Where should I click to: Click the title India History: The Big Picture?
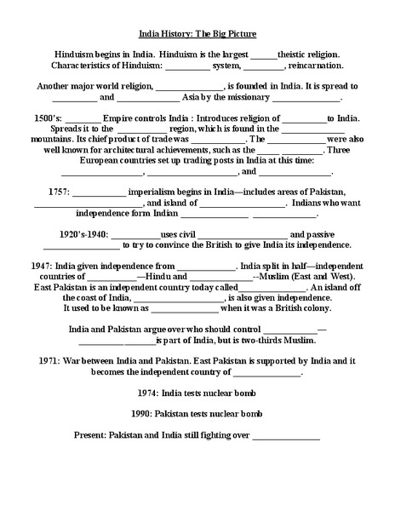[x=197, y=37]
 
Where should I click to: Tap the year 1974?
[x=151, y=393]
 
